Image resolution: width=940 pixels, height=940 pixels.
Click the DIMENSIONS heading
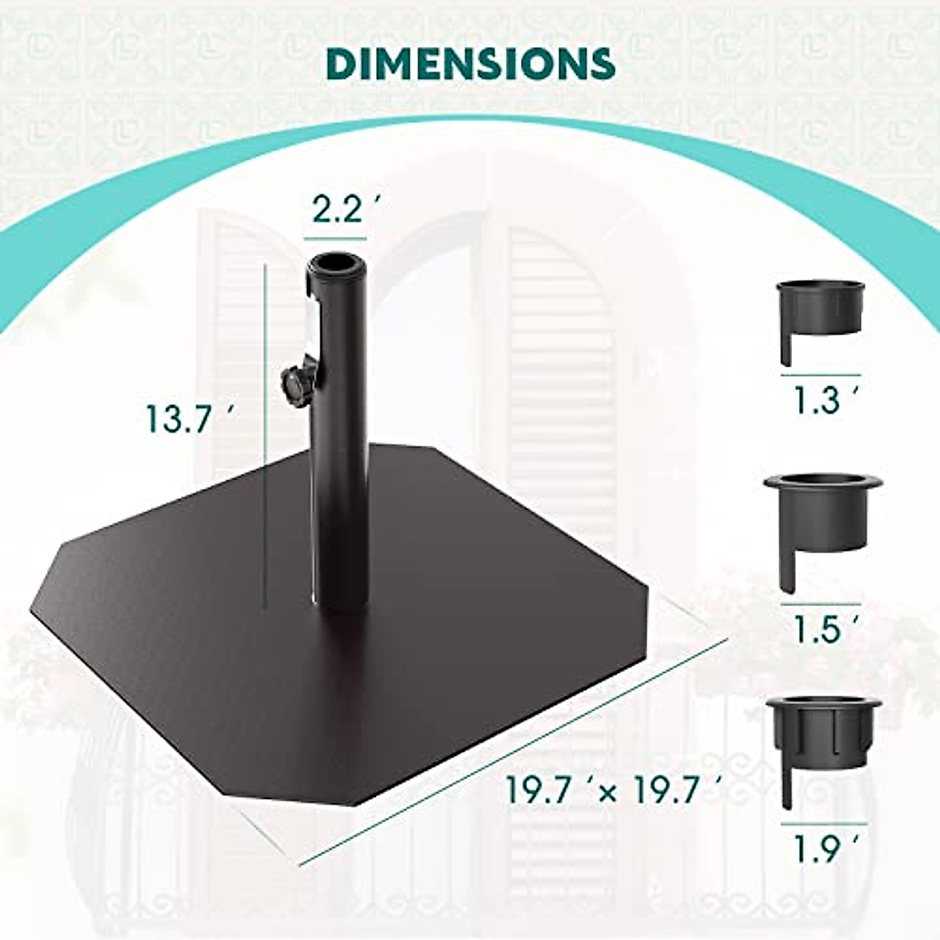470,63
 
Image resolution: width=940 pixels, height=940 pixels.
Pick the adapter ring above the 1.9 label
822,732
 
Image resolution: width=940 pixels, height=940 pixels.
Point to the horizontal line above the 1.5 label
820,604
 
